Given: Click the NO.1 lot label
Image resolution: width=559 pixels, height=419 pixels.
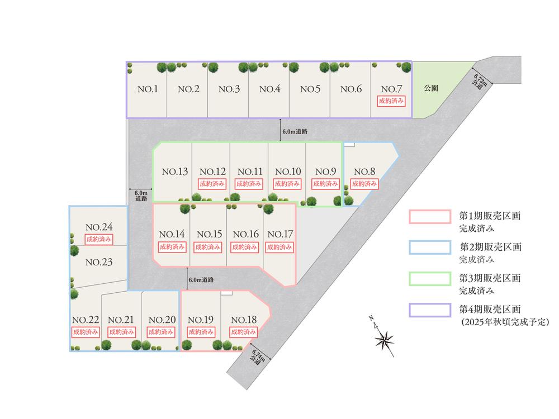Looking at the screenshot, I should click(148, 89).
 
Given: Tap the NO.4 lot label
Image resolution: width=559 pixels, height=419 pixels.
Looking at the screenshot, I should click(269, 89).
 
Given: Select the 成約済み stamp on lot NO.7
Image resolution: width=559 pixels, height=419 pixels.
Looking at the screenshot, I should click(391, 102).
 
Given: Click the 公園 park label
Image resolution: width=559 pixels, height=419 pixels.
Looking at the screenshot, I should click(430, 88).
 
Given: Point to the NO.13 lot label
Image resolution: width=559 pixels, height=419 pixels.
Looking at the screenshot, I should click(174, 172).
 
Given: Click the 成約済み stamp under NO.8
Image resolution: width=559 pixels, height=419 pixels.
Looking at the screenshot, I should click(364, 184).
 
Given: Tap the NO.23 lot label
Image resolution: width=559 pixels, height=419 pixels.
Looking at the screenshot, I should click(100, 263).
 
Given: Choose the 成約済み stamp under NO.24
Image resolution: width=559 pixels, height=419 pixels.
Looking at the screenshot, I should click(100, 239).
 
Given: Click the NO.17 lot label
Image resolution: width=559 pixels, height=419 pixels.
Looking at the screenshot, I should click(278, 234).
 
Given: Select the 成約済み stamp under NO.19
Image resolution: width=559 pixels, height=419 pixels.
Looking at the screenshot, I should click(200, 331).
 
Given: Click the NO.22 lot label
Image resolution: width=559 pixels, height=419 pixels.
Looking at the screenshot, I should click(86, 320).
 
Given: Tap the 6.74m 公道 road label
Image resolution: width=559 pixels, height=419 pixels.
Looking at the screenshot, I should click(259, 357).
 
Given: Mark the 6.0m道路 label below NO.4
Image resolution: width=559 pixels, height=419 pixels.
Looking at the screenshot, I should click(295, 132).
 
